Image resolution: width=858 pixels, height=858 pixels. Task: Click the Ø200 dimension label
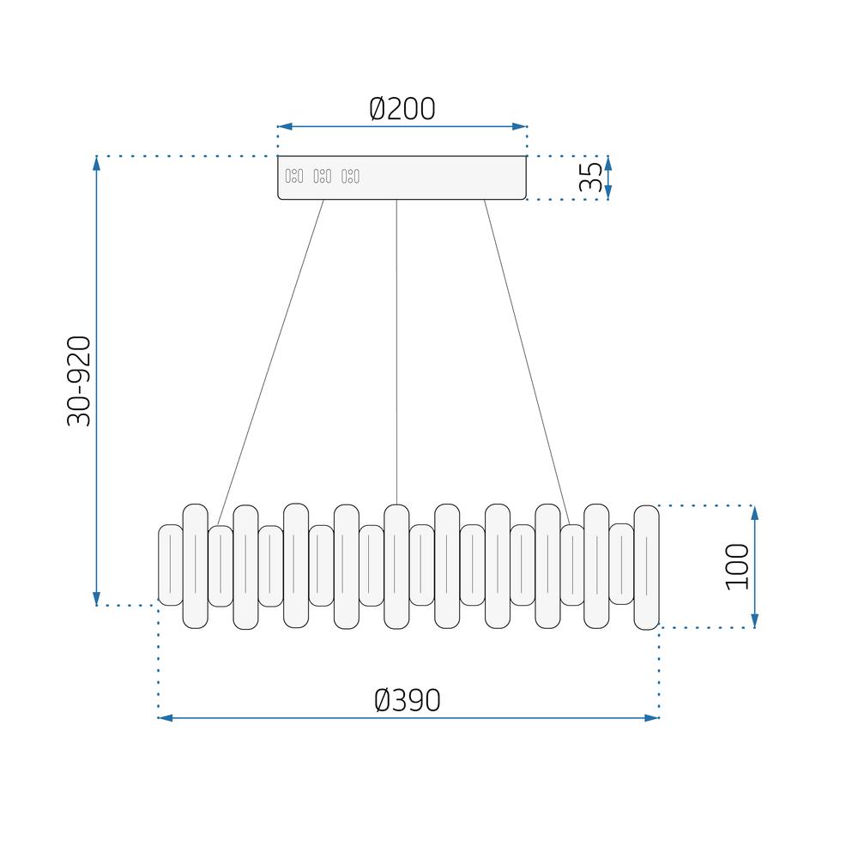coord(402,109)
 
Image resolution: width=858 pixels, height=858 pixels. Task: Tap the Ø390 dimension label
coord(408,700)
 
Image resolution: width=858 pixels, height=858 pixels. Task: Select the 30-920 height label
coord(79,381)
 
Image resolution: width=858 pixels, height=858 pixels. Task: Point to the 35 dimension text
coord(590,178)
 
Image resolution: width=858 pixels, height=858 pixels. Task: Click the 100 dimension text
coord(737,566)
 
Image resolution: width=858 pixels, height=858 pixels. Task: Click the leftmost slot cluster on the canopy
coord(293,177)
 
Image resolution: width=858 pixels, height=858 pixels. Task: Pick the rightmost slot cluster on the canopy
coord(350,177)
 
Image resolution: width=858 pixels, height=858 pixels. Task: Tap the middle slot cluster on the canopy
coord(322,177)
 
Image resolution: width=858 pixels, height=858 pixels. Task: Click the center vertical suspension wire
coord(396,352)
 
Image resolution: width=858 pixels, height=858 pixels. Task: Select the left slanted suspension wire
coord(271,360)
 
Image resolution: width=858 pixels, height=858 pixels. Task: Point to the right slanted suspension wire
coord(527,360)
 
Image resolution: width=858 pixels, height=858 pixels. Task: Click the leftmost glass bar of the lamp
coord(171,565)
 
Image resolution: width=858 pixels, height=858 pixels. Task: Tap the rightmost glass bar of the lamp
coord(646,567)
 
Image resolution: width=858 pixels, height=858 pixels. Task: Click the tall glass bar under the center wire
coord(396,566)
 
